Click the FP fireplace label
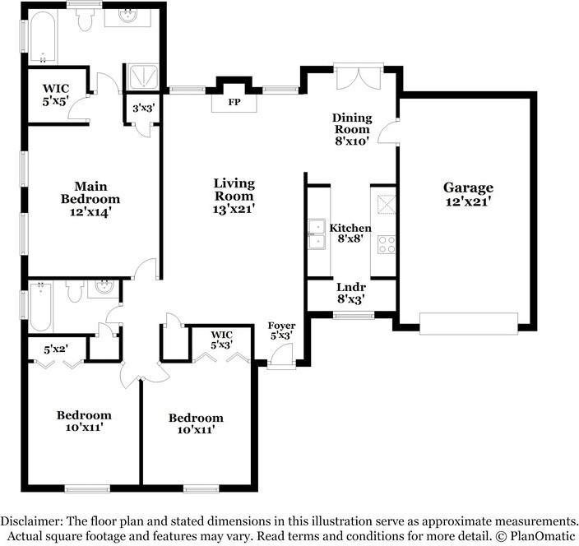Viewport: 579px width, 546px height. [x=234, y=102]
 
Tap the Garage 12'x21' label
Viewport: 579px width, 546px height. [x=468, y=194]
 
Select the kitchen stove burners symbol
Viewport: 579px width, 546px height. [x=387, y=245]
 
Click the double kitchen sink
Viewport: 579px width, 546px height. [x=317, y=234]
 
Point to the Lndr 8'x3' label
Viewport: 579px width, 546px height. [x=351, y=293]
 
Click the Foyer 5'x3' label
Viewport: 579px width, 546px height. [x=281, y=331]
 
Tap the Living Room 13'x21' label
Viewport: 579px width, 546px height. [x=234, y=196]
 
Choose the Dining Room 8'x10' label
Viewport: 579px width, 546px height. [x=351, y=129]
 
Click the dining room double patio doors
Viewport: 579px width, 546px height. [x=359, y=76]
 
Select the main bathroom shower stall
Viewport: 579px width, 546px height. [x=142, y=77]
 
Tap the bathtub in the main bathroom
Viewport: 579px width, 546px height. [x=43, y=36]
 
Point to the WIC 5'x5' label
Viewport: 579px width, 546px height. [x=56, y=95]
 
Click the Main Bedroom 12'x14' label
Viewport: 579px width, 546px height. [x=90, y=199]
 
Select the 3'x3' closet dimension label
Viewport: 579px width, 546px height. [x=143, y=109]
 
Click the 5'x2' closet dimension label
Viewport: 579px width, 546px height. [x=56, y=349]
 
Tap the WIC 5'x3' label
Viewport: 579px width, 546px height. [x=221, y=340]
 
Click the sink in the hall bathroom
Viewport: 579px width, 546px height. [x=103, y=287]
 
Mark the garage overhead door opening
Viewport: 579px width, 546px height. [x=469, y=324]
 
